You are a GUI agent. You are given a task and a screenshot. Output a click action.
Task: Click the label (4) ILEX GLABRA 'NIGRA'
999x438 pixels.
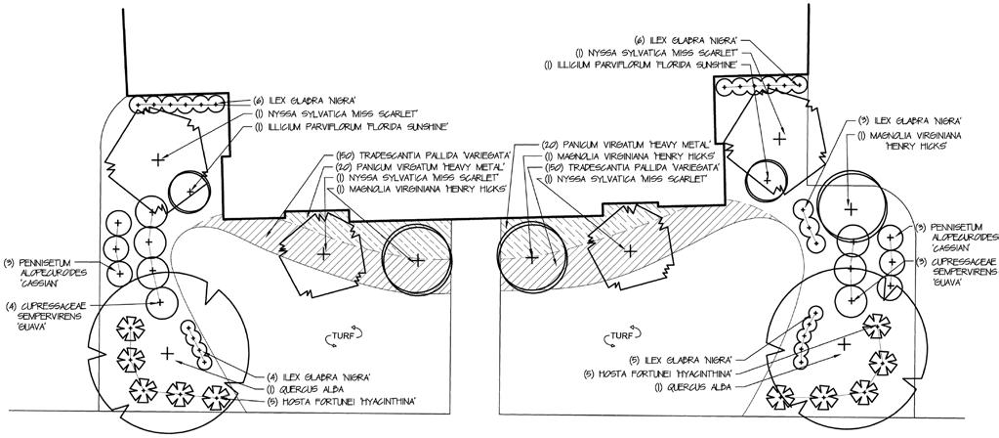314,377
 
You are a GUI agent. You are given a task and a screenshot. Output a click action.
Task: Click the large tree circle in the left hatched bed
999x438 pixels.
415,259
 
